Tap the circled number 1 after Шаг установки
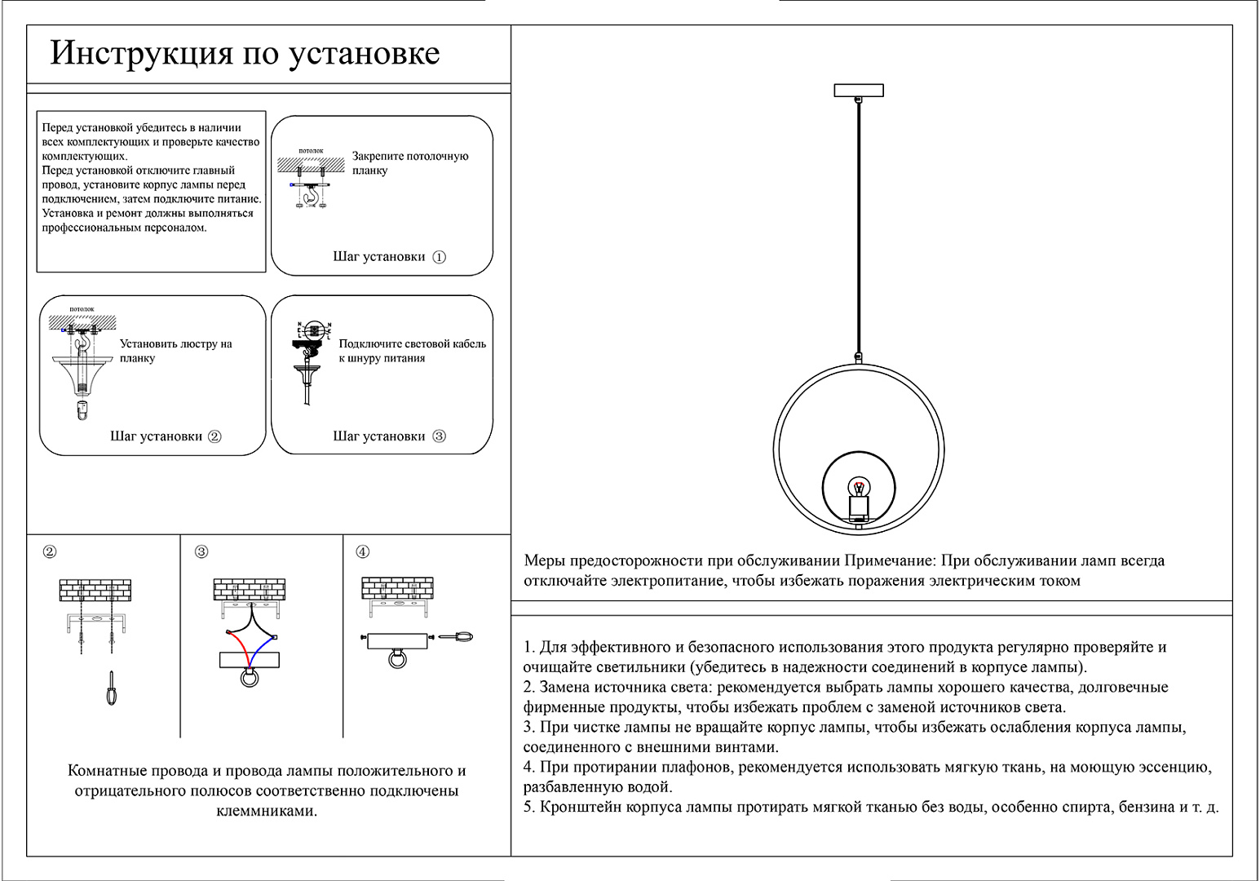point(439,257)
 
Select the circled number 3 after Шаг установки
point(439,436)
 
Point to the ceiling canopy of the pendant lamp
point(859,91)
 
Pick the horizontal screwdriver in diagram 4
point(454,636)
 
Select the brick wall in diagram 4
point(397,587)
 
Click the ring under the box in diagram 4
point(397,657)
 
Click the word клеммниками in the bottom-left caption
point(267,811)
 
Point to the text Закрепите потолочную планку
point(409,163)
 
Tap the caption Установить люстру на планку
point(175,351)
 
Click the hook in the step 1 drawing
point(309,197)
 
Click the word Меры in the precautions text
point(543,561)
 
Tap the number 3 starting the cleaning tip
point(528,728)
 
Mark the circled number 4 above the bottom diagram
point(363,552)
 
